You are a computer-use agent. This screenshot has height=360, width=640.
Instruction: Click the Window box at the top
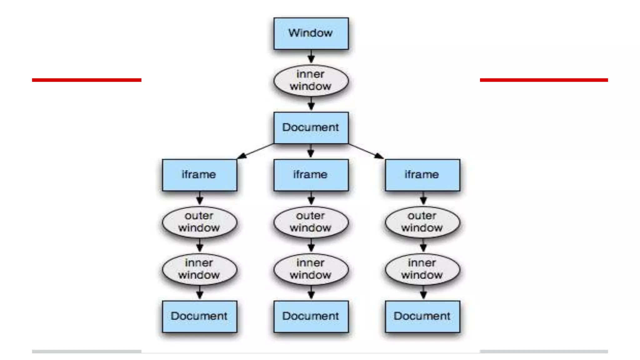(x=311, y=33)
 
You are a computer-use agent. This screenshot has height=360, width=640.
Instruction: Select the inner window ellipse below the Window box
(x=311, y=81)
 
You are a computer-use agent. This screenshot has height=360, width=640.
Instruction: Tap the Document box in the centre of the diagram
(x=311, y=128)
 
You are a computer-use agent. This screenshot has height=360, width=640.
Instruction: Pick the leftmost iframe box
(x=199, y=175)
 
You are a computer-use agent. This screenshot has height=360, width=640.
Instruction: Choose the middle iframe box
(x=311, y=175)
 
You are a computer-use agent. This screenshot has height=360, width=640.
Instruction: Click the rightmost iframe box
(x=422, y=175)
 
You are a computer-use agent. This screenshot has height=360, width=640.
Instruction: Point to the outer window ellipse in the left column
(x=199, y=222)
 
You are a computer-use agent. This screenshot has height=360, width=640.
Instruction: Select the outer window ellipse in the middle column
(x=311, y=222)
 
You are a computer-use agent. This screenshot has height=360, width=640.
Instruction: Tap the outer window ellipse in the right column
(x=422, y=222)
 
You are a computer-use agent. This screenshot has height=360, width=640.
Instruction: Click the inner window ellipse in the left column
(x=199, y=269)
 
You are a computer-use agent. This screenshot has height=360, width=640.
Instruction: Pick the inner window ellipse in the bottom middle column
(x=311, y=269)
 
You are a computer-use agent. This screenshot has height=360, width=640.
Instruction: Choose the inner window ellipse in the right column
(x=422, y=269)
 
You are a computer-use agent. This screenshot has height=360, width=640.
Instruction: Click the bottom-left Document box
(x=199, y=317)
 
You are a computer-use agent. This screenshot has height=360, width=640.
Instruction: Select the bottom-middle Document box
(x=311, y=317)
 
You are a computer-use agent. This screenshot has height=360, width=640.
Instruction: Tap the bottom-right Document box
(x=422, y=317)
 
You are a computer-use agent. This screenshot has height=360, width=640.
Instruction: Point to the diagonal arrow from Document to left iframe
(x=256, y=151)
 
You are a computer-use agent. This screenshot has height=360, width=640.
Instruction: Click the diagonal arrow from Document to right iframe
(x=366, y=151)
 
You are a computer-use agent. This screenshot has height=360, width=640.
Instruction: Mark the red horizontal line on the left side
(x=87, y=80)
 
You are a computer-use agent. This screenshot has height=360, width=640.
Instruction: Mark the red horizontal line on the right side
(x=544, y=80)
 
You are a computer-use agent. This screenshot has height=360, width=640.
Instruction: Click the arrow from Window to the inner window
(x=311, y=57)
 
